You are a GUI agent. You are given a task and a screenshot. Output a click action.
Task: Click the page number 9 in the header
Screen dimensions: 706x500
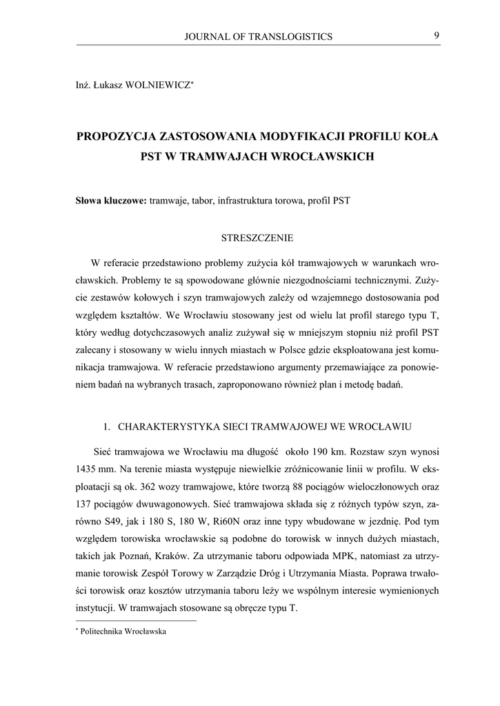(437, 36)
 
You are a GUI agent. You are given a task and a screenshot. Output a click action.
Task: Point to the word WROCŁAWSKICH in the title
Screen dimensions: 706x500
(325, 157)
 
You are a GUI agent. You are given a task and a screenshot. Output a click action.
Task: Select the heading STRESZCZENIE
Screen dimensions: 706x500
(257, 239)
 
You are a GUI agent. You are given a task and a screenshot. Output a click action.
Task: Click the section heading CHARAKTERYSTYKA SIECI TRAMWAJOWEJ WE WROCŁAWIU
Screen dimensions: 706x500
(265, 427)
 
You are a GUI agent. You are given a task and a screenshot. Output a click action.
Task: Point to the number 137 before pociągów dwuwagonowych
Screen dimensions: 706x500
(86, 505)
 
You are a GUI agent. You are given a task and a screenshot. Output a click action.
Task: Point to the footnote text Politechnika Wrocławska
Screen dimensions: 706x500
(124, 631)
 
